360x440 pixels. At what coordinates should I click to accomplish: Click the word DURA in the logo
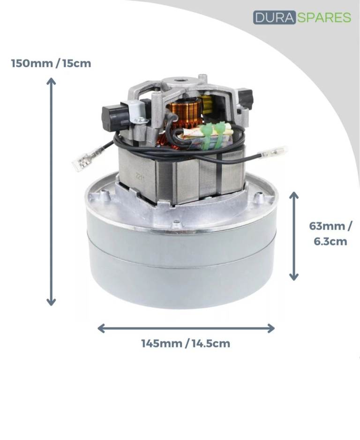coord(274,17)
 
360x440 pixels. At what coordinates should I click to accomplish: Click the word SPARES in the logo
coord(324,17)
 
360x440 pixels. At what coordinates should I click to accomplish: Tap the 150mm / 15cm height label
coord(51,63)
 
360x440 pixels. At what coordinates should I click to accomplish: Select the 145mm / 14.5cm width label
coord(186,343)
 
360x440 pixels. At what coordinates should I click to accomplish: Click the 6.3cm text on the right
coord(330,241)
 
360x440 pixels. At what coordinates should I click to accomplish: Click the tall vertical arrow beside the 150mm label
coord(51,192)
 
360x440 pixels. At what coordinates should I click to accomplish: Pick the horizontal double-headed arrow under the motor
coord(186,328)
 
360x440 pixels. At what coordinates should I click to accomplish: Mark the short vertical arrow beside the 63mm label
coord(294,236)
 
